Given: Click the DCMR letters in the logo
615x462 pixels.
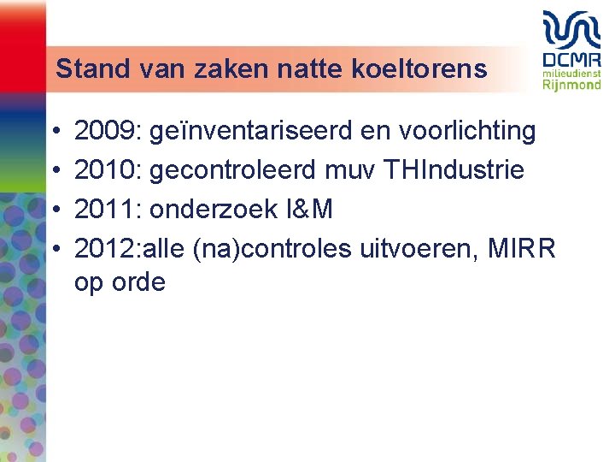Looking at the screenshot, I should click(571, 62).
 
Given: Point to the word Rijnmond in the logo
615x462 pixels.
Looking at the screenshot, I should click(571, 86).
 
